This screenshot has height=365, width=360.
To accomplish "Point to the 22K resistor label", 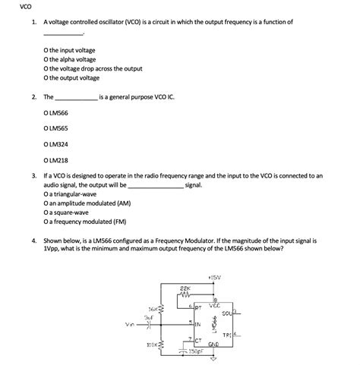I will [184, 289].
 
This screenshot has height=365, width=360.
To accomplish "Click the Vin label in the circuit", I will [131, 324].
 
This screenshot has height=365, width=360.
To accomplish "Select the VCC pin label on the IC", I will [214, 306].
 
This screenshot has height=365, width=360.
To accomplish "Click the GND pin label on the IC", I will [215, 344].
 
